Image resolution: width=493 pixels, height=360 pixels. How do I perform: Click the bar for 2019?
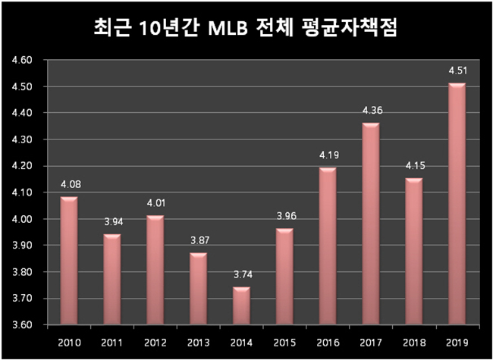pyautogui.click(x=457, y=205)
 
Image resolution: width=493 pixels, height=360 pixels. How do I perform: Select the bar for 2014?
pyautogui.click(x=240, y=306)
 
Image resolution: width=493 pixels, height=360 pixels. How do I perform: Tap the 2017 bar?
pyautogui.click(x=370, y=224)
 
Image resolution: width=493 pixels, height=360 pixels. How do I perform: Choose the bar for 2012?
pyautogui.click(x=155, y=271)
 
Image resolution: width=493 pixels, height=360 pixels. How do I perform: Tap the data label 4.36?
pyautogui.click(x=371, y=112)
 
